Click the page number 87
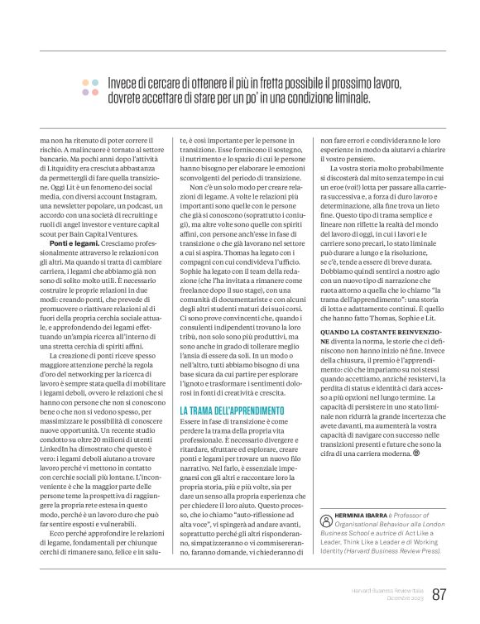point(439,593)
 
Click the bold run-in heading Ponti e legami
point(73,223)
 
